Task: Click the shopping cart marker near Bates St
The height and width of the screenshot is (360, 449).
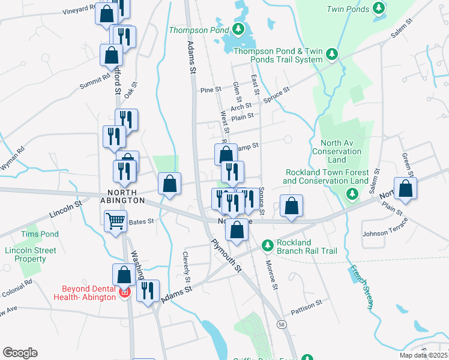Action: pos(115,220)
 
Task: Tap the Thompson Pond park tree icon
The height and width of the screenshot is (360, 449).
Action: pos(238,29)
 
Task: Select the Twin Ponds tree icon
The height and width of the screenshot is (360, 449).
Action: pos(378,8)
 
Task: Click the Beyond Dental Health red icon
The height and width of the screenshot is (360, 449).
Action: pos(125,293)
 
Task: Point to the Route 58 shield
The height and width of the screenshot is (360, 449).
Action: pos(282,325)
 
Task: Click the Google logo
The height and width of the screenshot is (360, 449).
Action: pos(20,353)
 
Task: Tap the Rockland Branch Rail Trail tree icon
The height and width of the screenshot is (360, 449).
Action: pos(268,245)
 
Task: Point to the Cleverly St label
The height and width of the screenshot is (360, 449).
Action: pos(187,268)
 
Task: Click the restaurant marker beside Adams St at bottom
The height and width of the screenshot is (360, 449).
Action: pos(148,290)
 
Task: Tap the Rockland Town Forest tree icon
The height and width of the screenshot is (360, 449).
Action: pos(353,193)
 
